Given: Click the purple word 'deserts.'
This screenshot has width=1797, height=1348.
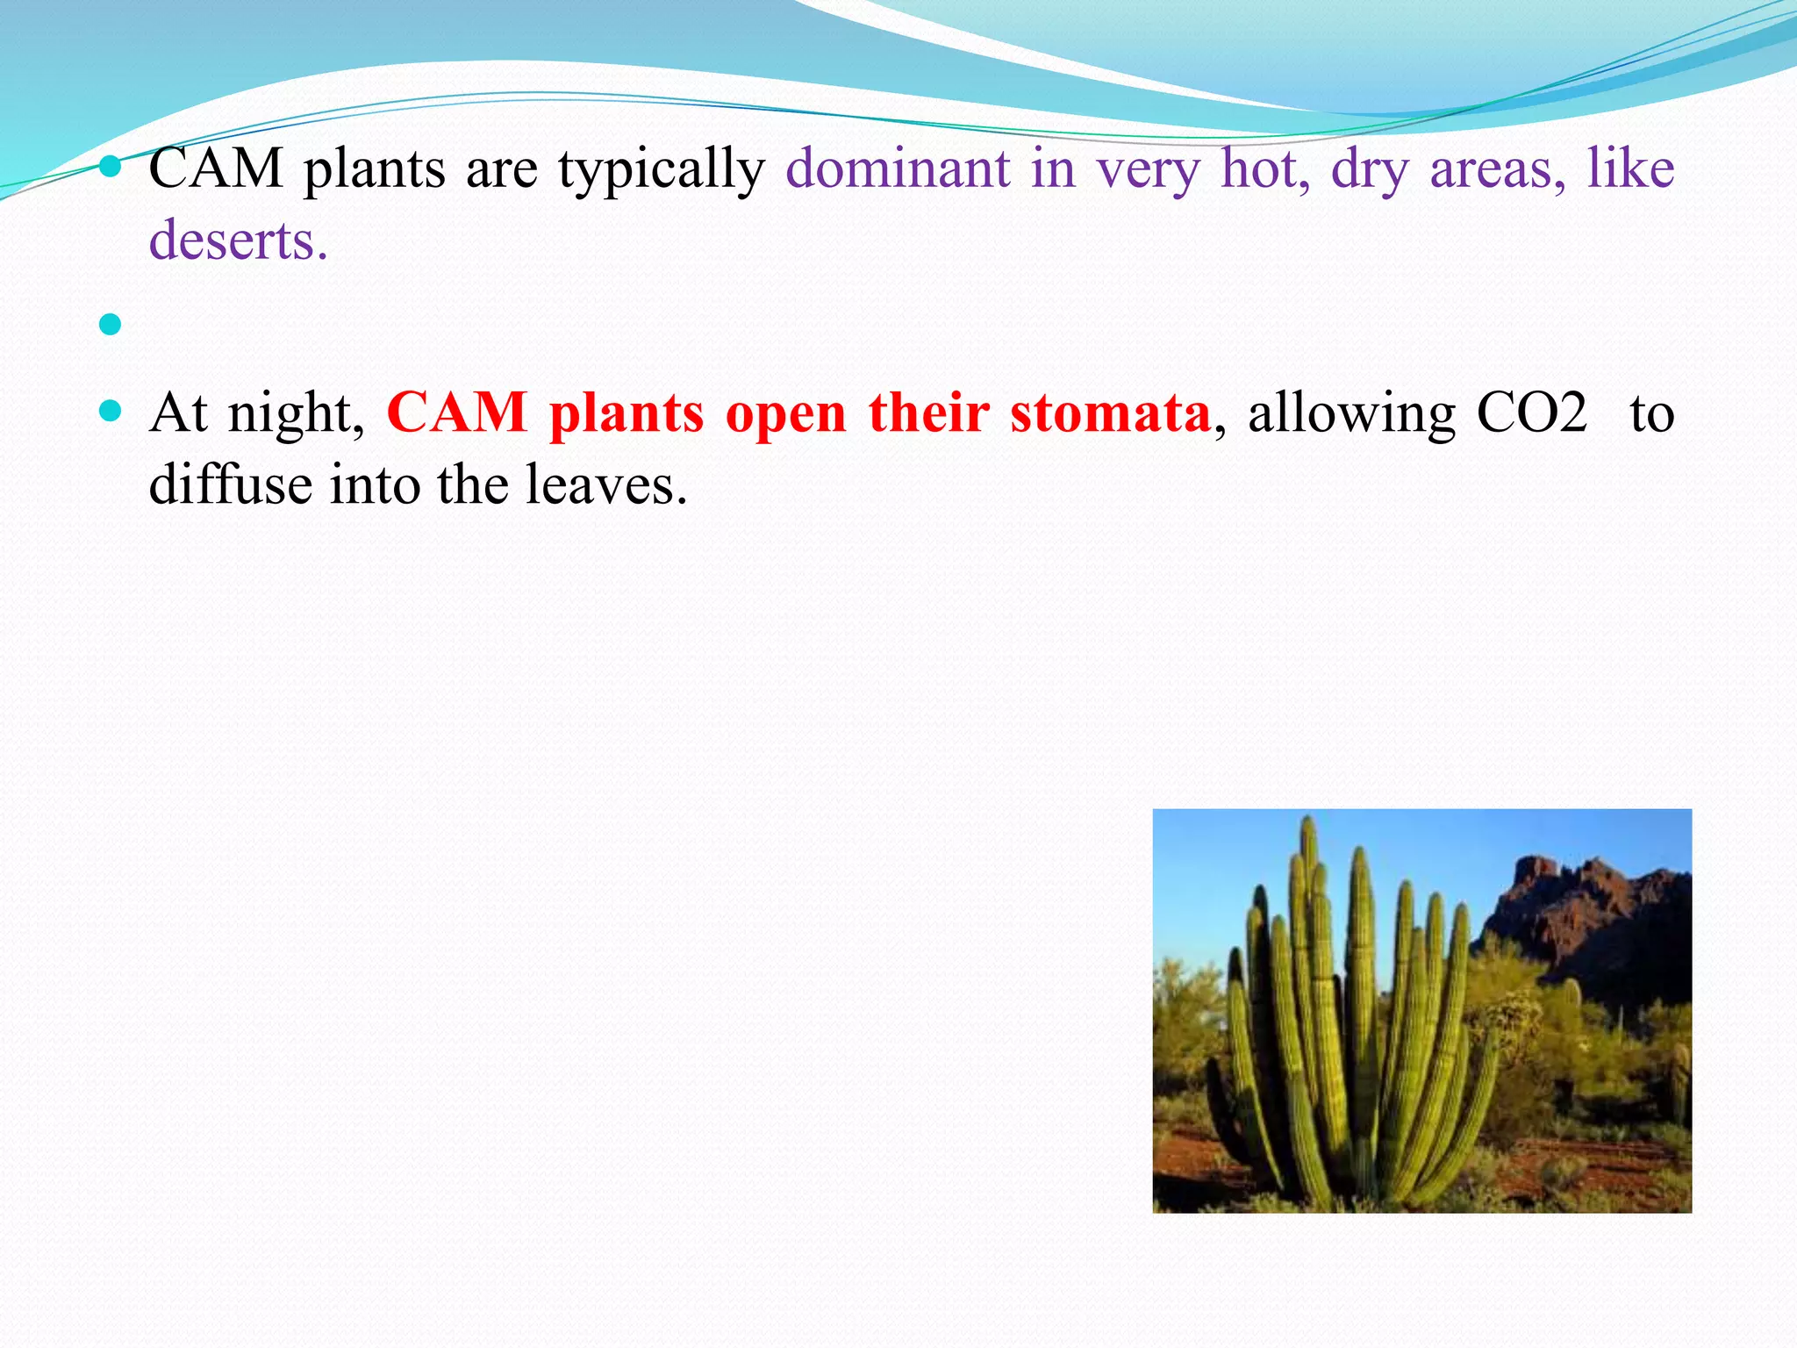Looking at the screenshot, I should coord(239,240).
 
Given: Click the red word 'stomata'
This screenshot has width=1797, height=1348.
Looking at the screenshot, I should coord(1110,412).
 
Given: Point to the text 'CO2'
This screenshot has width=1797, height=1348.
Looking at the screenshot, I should coord(1531,412).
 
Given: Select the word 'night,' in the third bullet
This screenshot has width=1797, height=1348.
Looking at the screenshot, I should coord(296,413).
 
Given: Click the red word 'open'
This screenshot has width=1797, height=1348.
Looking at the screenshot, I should coord(785,413).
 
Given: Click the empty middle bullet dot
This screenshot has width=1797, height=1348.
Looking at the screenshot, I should coord(111,326).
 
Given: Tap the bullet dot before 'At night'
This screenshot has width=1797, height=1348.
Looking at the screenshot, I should coord(111,410).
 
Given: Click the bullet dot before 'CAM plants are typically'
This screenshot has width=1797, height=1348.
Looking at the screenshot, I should coord(111,165).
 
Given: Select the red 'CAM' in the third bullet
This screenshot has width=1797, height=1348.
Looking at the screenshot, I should coord(456,412).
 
